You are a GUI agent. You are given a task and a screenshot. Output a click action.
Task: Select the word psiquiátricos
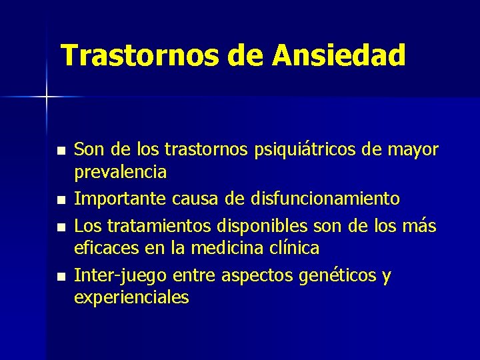[309, 150]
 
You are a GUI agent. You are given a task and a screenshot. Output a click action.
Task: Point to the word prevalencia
[120, 172]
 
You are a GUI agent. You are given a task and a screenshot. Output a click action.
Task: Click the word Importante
[120, 199]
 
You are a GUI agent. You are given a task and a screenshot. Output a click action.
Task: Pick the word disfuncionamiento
[325, 199]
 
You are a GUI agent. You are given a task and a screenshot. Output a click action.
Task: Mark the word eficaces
[103, 248]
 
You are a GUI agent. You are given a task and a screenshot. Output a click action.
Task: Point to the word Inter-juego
[120, 275]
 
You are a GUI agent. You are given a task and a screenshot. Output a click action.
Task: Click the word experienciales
[131, 297]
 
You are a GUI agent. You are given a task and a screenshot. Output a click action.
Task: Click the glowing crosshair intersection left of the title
[46, 97]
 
